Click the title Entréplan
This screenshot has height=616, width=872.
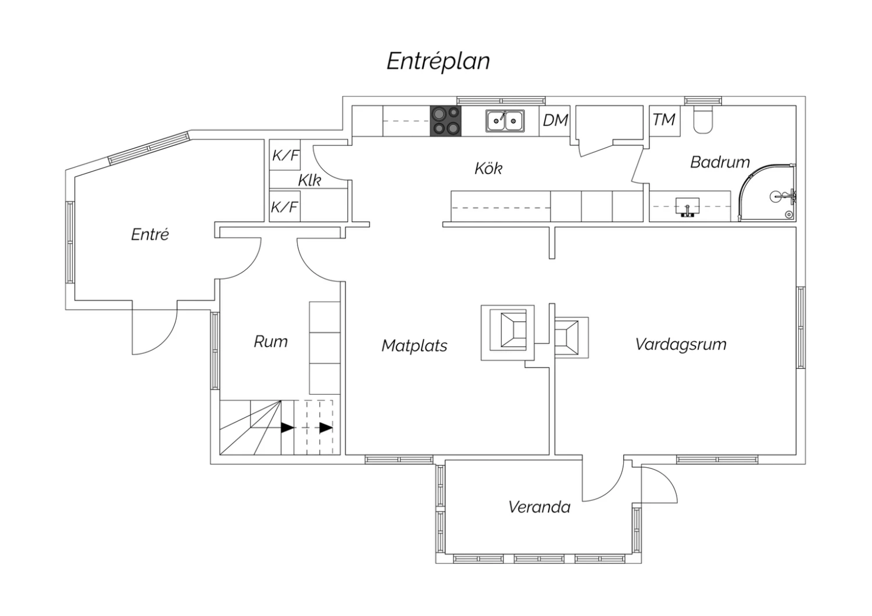[438, 61]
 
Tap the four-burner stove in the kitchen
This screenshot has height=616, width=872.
[445, 121]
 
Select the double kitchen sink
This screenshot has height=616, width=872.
[505, 121]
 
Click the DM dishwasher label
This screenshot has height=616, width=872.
[555, 120]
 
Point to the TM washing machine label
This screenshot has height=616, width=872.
[664, 120]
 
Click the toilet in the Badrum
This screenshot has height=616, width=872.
[703, 120]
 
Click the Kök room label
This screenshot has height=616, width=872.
[488, 169]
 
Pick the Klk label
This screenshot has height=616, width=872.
[309, 181]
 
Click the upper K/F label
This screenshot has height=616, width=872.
[285, 155]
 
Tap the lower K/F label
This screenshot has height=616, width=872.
[285, 207]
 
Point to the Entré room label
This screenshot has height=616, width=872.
[150, 234]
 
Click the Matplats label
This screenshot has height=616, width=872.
[414, 346]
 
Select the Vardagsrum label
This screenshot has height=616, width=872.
[681, 344]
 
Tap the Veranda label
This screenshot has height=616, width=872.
[539, 507]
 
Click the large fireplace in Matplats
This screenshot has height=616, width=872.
[508, 332]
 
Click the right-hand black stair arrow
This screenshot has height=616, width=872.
[326, 428]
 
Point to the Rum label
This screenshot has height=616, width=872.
[271, 341]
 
